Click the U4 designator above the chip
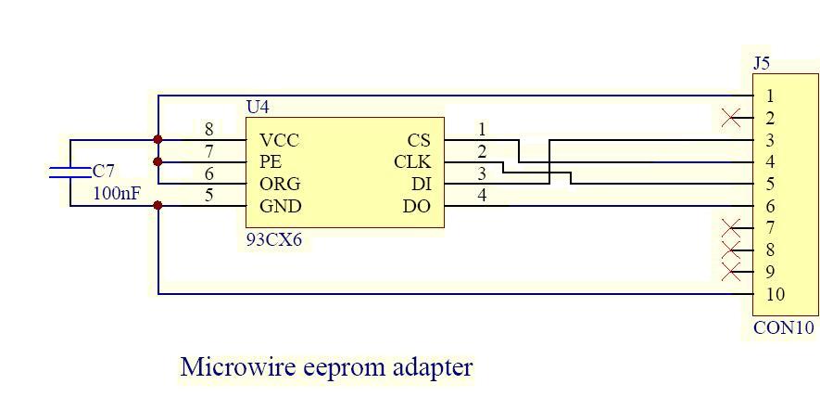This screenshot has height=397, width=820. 258,108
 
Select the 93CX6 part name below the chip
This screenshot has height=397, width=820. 273,239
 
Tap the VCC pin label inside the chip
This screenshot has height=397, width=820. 279,140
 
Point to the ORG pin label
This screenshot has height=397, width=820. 280,184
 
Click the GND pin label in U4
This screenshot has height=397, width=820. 280,206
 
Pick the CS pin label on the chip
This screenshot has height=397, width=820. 419,140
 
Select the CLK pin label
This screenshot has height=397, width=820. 412,162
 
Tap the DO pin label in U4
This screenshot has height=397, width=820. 417,206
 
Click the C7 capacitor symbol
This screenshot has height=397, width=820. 70,172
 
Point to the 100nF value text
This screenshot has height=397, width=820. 117,194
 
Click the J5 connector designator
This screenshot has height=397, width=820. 761,64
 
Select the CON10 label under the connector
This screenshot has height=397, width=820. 784,327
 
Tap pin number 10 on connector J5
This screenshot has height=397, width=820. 776,295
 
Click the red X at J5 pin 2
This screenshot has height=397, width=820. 731,118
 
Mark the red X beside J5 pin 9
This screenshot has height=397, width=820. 731,272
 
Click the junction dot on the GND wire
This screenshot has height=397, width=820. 158,206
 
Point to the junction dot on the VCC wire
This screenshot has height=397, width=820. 158,140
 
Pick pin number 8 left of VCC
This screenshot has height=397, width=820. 209,130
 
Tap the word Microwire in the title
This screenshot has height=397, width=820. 238,366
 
